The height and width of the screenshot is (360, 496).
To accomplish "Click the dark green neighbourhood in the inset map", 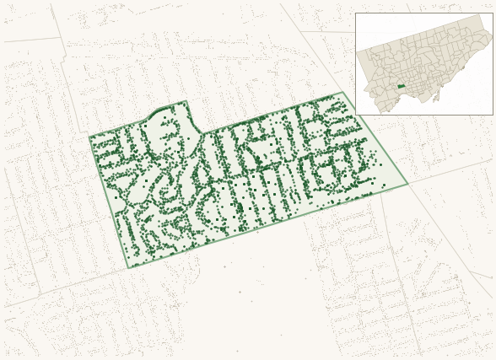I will pos(402,85).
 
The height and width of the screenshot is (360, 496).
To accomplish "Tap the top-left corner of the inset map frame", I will pos(355,13).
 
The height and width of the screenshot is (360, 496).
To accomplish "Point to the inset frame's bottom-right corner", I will pos(493,115).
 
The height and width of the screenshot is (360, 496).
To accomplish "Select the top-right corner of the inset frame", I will pos(493,13).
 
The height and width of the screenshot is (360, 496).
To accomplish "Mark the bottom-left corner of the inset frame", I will pos(355,115).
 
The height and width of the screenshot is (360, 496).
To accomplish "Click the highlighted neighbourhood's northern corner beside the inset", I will pos(342,92).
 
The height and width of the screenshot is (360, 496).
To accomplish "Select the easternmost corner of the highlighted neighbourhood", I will pos(408,184).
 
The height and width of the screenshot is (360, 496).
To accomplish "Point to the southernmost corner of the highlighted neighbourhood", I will pos(128,268).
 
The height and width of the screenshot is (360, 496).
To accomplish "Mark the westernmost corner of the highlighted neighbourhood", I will pos(89,137).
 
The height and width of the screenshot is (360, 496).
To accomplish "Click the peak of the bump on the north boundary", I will pos(186,101).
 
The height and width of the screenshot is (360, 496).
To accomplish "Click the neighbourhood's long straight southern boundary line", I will pos(270,226).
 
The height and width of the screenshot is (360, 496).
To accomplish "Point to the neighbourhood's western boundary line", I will pos(108,202).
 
